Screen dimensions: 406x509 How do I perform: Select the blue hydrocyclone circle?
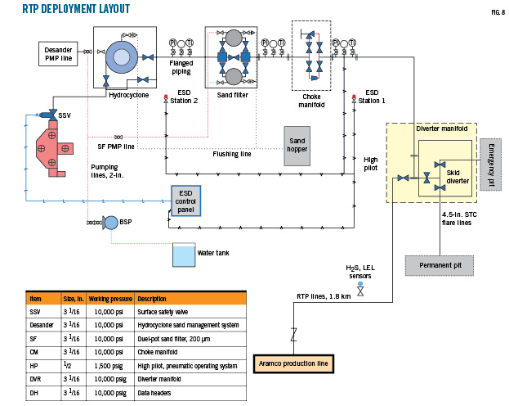pos(126,56)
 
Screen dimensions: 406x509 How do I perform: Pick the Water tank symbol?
pos(183,255)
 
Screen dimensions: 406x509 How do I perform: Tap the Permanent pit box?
pos(440,266)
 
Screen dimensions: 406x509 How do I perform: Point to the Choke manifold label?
pos(311,101)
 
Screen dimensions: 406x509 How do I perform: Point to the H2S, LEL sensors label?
pos(359,272)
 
